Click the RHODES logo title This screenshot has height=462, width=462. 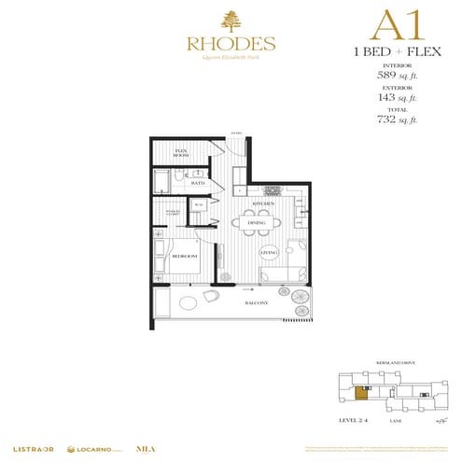click(x=230, y=43)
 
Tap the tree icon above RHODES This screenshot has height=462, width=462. click(x=230, y=20)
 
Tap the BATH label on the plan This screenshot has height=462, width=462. click(x=197, y=184)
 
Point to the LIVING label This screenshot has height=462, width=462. click(x=270, y=253)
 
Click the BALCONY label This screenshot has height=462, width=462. click(x=257, y=303)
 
